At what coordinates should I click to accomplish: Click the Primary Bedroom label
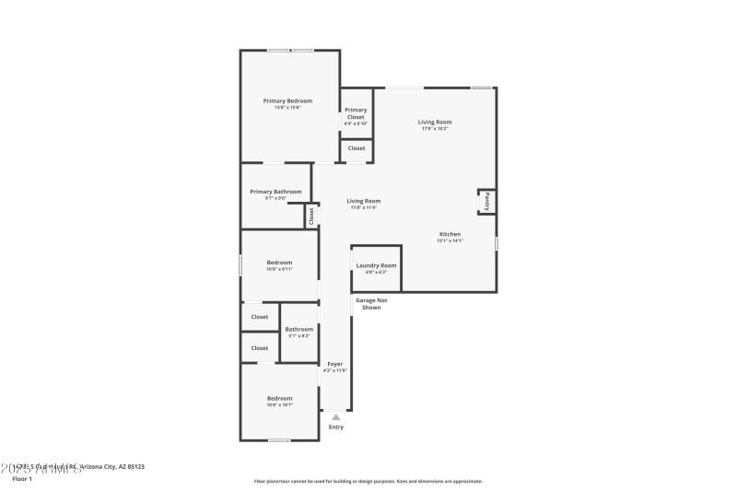coord(287,100)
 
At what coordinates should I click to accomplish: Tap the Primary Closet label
coord(356,113)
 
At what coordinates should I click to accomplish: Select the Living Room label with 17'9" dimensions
coord(435,122)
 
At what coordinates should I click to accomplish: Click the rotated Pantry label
coord(486,201)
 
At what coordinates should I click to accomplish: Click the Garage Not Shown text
coord(368,303)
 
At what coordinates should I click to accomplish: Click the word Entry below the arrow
coord(335,427)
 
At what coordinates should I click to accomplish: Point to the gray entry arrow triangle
coord(335,416)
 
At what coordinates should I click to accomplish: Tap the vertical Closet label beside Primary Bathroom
coord(311,216)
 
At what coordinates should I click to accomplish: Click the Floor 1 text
coord(22,479)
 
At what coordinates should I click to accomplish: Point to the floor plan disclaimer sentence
coord(368,481)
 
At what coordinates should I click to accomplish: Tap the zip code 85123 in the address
coord(134,467)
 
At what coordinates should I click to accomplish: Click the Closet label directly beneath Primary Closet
coord(356,148)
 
